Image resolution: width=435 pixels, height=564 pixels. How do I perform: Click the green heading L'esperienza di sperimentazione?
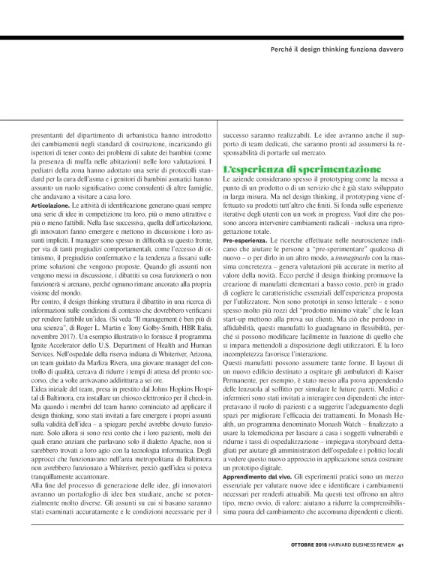pos(297,171)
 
